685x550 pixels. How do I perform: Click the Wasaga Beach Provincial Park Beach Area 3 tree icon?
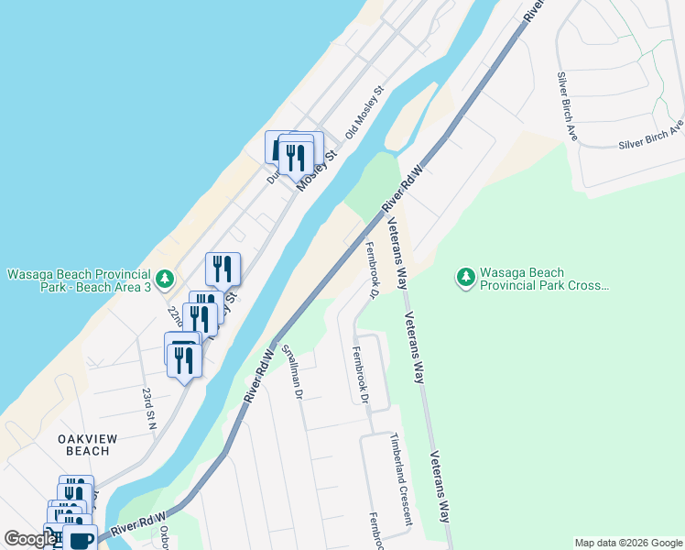(164, 278)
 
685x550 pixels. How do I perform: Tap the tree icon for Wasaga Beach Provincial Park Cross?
(466, 276)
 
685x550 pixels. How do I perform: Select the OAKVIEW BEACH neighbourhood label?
(88, 445)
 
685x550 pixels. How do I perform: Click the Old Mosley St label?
(364, 113)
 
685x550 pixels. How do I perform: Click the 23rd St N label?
(147, 408)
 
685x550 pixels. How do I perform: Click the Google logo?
(30, 538)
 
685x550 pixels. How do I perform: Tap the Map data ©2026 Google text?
(627, 543)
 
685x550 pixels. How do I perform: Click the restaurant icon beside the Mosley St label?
(296, 158)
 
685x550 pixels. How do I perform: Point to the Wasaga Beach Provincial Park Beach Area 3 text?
(79, 281)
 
